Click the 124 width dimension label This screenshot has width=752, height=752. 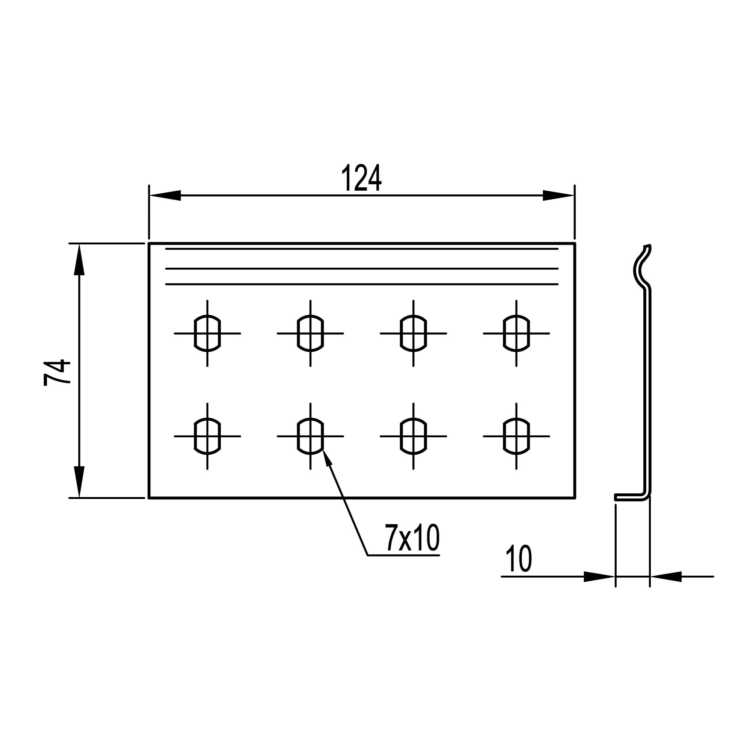[362, 179]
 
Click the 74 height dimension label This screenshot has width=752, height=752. [57, 373]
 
